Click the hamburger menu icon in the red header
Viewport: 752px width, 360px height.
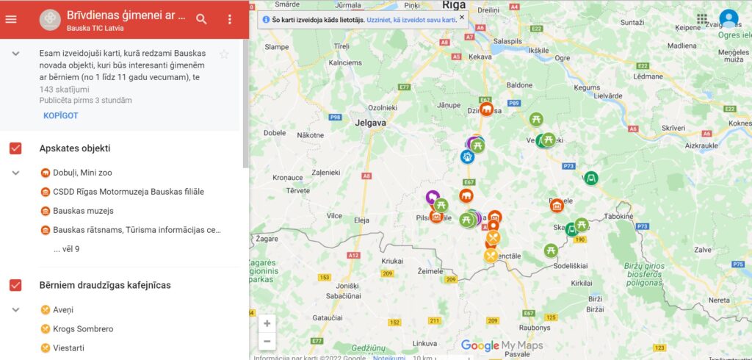tap(11, 19)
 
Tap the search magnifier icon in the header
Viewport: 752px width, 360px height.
tap(202, 19)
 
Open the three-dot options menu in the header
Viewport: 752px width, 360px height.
tap(230, 19)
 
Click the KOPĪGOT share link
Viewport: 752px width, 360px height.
tap(60, 115)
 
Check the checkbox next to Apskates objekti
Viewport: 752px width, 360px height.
tap(15, 148)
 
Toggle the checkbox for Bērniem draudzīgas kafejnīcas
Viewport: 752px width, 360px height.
tap(15, 284)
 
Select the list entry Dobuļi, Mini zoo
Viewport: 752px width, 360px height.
tap(82, 173)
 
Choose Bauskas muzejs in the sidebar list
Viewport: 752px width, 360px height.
tap(83, 211)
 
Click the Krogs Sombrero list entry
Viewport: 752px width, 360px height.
tap(83, 328)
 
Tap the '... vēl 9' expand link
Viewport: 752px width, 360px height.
tap(66, 249)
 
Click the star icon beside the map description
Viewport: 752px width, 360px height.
tap(224, 54)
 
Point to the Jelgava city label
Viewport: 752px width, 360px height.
tap(369, 123)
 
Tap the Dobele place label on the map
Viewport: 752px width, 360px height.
tap(274, 133)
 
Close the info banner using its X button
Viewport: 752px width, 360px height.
tap(461, 16)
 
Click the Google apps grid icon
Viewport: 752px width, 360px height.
tap(702, 19)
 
